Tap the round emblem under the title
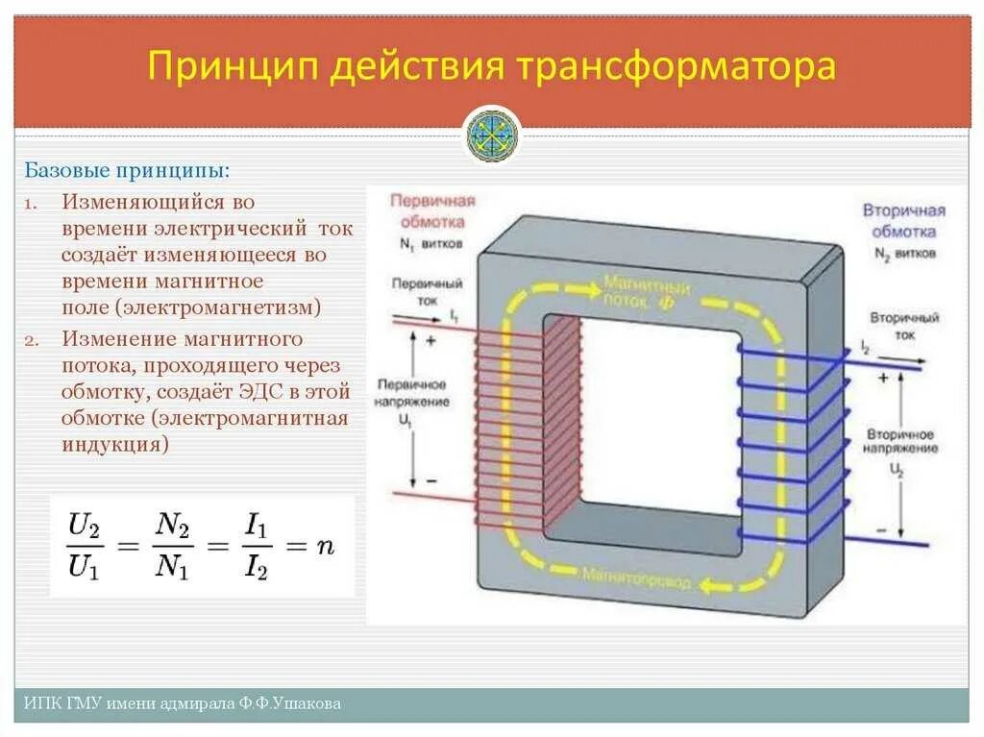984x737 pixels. tap(493, 135)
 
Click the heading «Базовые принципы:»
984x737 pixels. tap(127, 170)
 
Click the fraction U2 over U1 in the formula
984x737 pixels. tap(85, 545)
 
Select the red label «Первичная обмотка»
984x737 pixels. tap(431, 210)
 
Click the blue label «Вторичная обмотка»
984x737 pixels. tap(903, 220)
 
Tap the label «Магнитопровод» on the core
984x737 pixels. tap(633, 575)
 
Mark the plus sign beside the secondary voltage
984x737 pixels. tap(882, 379)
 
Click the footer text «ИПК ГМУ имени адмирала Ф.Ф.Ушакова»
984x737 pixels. tap(183, 704)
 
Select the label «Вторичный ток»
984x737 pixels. tap(897, 324)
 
